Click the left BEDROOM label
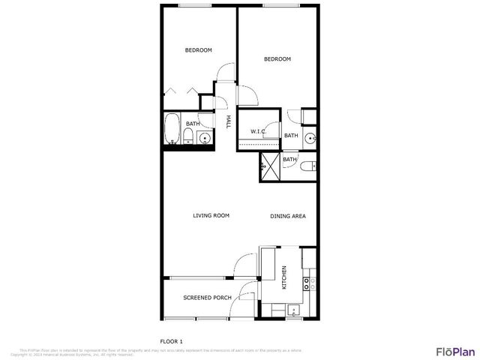click(x=199, y=50)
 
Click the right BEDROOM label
click(x=277, y=59)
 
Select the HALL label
click(x=227, y=121)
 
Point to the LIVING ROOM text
click(x=211, y=216)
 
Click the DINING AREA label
click(x=288, y=216)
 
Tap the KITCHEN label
click(x=284, y=277)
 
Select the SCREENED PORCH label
click(x=207, y=298)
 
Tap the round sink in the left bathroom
click(x=204, y=138)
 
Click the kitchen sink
click(x=292, y=309)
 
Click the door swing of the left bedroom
click(x=223, y=72)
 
